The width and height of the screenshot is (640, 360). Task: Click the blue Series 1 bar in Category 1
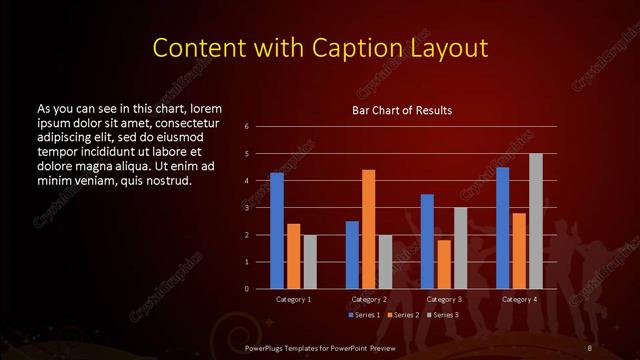coord(277,231)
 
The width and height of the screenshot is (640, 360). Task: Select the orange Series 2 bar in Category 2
coord(369,229)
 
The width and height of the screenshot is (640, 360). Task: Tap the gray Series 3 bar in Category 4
coord(535,221)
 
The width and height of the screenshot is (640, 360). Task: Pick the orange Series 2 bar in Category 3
coord(444,264)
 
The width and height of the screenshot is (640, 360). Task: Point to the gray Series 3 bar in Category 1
coord(310,262)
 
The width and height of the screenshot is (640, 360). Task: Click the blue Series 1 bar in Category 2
coord(352,255)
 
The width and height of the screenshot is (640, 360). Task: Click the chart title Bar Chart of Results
coord(402,110)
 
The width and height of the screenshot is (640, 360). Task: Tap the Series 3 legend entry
coord(444,315)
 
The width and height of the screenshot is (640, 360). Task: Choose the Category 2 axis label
coord(369,299)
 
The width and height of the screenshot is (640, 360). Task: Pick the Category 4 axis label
coord(519,299)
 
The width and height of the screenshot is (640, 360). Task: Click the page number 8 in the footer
coord(591,347)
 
